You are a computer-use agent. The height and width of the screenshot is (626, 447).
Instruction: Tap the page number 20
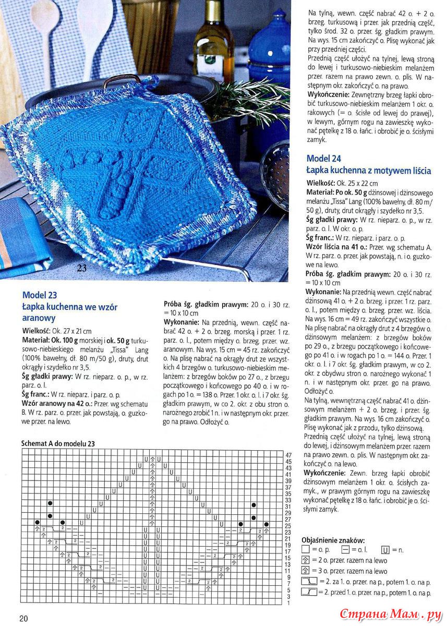(23, 618)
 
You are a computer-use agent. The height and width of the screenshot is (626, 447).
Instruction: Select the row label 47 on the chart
(288, 455)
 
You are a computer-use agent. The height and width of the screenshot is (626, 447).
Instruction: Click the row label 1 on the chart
(288, 603)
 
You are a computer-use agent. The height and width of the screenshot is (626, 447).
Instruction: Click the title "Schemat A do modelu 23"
(58, 443)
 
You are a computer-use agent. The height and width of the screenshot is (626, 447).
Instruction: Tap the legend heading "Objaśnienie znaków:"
(333, 540)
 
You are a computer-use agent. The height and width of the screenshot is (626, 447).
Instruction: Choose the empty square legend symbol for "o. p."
(305, 550)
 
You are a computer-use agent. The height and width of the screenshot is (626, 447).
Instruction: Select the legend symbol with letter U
(385, 550)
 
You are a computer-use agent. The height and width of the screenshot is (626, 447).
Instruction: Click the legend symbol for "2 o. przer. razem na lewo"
(305, 560)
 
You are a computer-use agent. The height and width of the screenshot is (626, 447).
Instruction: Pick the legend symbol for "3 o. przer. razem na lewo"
(305, 571)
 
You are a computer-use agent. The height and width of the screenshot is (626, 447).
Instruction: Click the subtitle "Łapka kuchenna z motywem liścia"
(368, 171)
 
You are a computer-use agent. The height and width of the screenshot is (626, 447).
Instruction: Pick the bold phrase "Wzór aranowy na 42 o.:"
(59, 404)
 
